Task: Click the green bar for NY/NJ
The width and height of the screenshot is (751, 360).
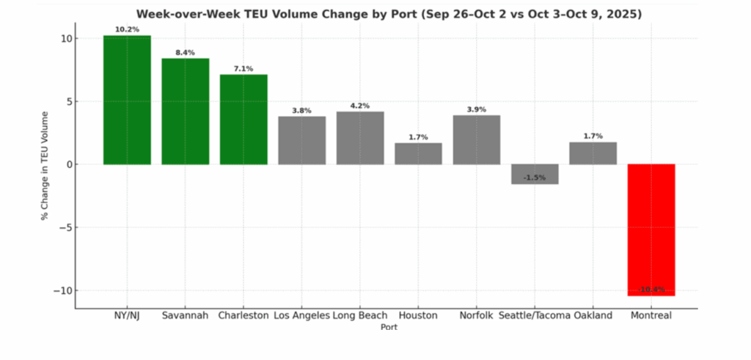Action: (127, 100)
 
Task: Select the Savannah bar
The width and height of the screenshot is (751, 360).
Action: (186, 111)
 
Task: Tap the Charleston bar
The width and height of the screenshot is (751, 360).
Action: (243, 120)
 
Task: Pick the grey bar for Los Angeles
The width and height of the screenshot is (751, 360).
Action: (301, 140)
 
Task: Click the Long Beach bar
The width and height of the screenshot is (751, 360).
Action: (360, 138)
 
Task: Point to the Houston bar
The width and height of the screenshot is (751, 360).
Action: (418, 153)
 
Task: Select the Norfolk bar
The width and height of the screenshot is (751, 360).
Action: (477, 139)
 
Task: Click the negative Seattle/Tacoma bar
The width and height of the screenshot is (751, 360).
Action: (535, 174)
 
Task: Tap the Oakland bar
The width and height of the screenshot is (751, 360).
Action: (593, 153)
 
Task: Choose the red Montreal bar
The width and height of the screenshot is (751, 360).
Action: (651, 229)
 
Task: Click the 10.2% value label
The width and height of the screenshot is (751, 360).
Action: (127, 30)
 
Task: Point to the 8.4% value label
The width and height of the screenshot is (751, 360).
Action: (186, 53)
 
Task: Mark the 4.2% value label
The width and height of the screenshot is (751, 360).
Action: (360, 106)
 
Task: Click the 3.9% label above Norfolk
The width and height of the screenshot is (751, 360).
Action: (477, 109)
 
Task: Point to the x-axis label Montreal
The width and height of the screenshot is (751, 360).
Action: (651, 316)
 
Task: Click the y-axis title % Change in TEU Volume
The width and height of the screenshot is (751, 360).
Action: (45, 165)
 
